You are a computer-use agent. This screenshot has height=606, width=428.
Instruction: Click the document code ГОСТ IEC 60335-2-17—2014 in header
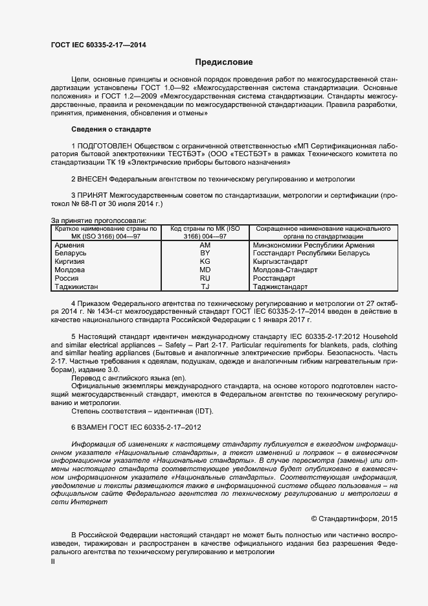98,45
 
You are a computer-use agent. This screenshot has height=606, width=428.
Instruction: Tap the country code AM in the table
205,245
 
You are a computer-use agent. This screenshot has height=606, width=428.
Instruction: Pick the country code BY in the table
205,253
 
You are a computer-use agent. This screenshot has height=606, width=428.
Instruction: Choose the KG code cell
205,261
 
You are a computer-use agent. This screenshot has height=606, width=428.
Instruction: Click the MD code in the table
205,270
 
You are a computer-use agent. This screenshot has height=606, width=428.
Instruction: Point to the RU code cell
205,277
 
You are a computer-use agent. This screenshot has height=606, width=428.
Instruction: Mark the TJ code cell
205,286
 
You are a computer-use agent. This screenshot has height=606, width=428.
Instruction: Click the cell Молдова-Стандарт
285,270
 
